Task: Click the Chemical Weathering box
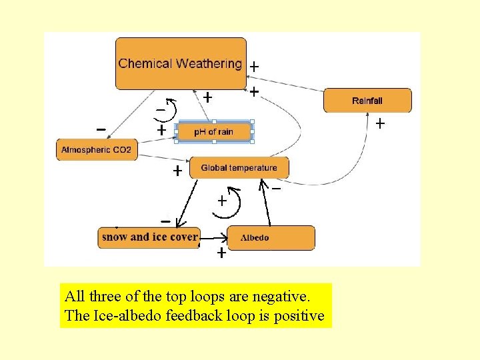click(181, 64)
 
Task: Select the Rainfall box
click(367, 101)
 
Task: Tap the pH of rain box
click(214, 131)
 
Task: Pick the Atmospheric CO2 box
click(97, 150)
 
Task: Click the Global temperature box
click(239, 167)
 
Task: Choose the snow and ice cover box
click(149, 237)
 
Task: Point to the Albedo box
click(271, 238)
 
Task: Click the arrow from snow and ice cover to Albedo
click(214, 238)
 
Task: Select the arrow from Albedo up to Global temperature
click(265, 203)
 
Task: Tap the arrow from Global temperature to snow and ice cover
click(187, 204)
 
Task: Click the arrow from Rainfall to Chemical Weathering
click(285, 83)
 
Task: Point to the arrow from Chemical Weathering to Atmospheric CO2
click(131, 115)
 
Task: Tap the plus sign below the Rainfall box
click(380, 124)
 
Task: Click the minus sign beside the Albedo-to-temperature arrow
click(276, 189)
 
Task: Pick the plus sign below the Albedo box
click(221, 253)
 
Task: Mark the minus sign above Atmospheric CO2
click(101, 130)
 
